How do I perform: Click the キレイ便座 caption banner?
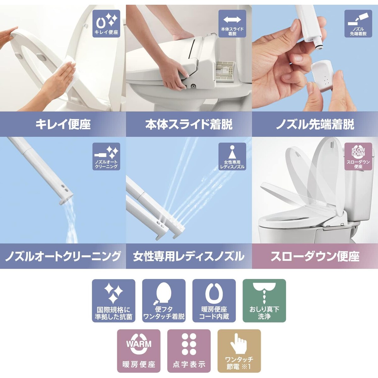[x=63, y=124]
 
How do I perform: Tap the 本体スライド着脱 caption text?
[x=189, y=124]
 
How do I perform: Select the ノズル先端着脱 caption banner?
[x=315, y=124]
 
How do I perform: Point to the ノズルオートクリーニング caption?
[x=63, y=256]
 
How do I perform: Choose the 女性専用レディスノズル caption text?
[x=189, y=256]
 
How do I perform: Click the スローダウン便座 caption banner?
[x=315, y=256]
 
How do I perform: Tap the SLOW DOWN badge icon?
[x=358, y=156]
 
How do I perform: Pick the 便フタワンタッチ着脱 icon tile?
[x=164, y=301]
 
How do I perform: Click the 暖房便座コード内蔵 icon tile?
[x=214, y=301]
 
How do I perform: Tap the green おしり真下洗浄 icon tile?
[x=264, y=301]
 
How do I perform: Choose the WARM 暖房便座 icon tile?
[x=139, y=351]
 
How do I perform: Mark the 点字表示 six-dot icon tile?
[x=189, y=351]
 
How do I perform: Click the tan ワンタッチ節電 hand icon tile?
[x=239, y=351]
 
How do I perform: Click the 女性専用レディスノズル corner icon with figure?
[x=232, y=156]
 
